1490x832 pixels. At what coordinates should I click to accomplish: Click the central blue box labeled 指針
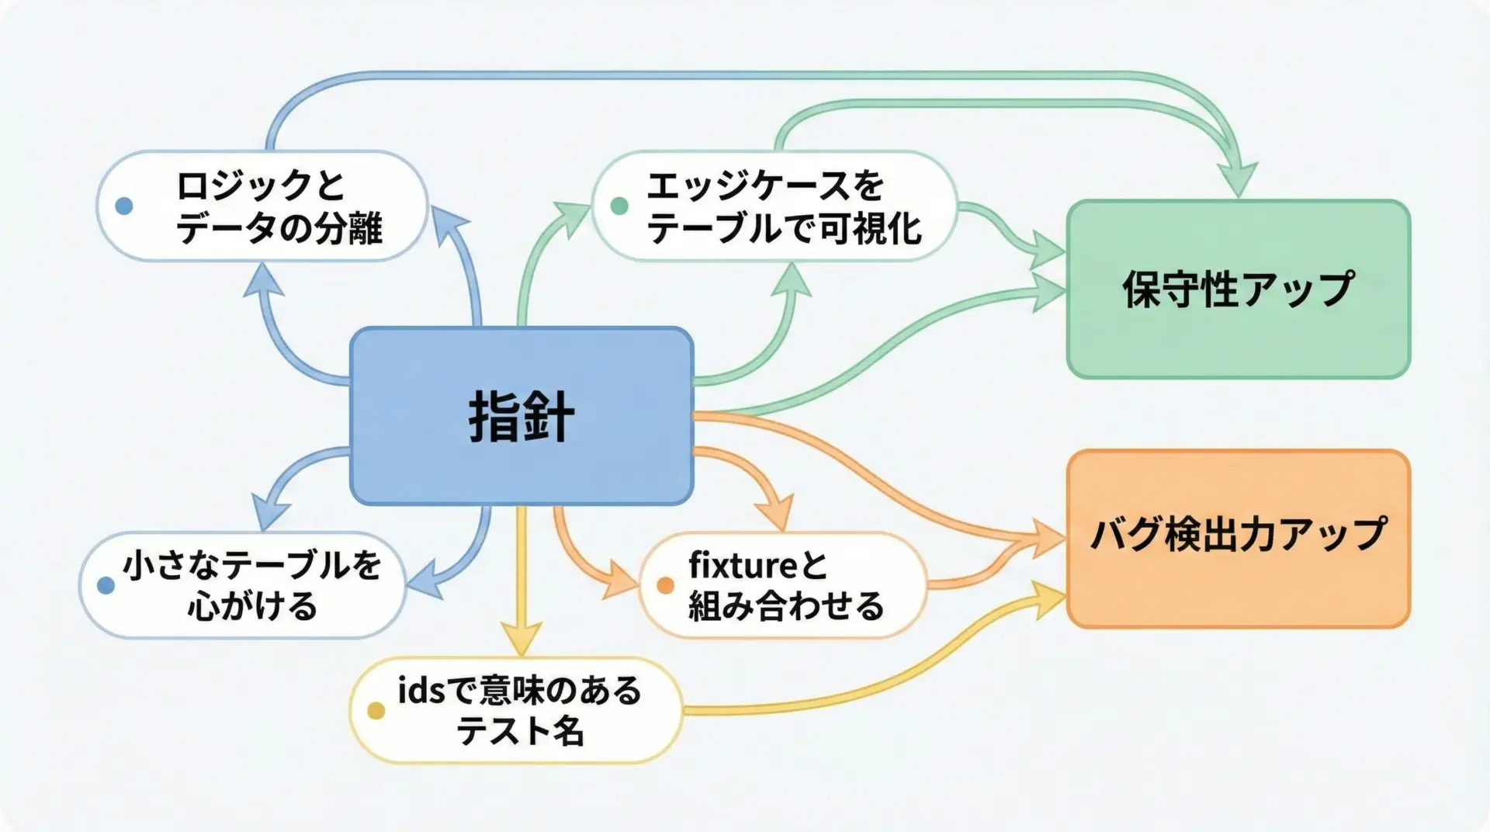click(x=521, y=416)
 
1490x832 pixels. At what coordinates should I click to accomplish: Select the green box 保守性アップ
click(x=1238, y=289)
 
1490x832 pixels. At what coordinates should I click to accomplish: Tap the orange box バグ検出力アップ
click(x=1238, y=537)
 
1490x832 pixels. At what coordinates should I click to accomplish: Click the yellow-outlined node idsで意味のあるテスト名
click(x=516, y=711)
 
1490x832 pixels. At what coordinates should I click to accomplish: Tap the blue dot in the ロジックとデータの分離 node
click(x=123, y=206)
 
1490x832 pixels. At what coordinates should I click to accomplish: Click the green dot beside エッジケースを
click(x=619, y=206)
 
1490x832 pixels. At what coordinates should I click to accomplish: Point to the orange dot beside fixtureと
click(x=665, y=585)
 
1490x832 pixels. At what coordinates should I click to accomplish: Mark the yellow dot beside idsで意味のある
click(x=376, y=711)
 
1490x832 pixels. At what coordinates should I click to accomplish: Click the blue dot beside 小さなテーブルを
click(x=106, y=585)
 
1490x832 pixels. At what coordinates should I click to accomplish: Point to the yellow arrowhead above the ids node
click(x=521, y=641)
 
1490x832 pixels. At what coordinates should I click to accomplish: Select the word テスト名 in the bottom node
click(x=520, y=731)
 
